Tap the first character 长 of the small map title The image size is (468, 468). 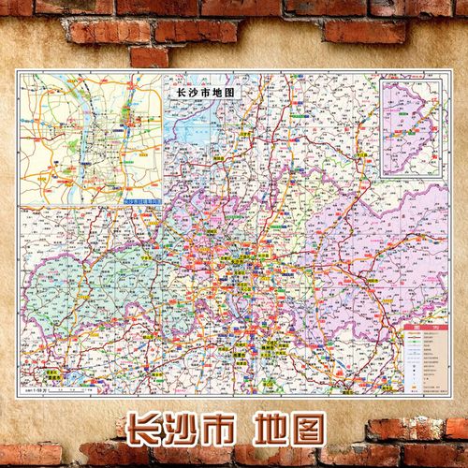pyautogui.click(x=168, y=95)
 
